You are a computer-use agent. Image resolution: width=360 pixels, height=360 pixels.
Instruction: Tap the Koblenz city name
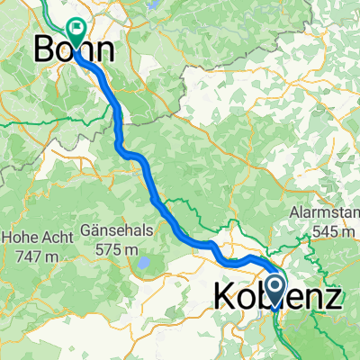[x=278, y=298]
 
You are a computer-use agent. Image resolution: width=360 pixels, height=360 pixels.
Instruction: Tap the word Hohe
[x=20, y=238]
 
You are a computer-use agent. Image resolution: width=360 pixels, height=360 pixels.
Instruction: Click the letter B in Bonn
[x=43, y=49]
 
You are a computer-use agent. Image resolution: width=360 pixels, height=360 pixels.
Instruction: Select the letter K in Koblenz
[x=226, y=298]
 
